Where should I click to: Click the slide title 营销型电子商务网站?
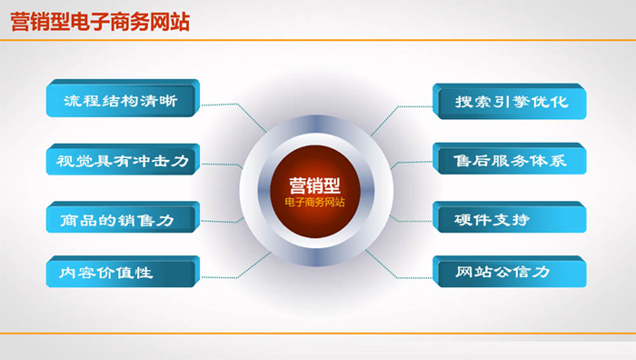[x=100, y=22]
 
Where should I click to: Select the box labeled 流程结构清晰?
[x=123, y=98]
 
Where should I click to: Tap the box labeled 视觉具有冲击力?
[x=123, y=159]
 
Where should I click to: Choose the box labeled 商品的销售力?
[x=123, y=217]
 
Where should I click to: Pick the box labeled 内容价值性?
[x=123, y=272]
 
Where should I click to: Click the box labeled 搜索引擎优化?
[x=510, y=102]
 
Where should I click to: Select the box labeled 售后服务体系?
[x=510, y=159]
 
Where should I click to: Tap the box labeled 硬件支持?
[x=510, y=217]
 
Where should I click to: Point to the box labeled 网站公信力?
[x=510, y=272]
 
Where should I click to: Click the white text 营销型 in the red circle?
[x=314, y=185]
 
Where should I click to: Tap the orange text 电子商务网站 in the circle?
[x=314, y=202]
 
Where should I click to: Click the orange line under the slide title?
[x=318, y=40]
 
